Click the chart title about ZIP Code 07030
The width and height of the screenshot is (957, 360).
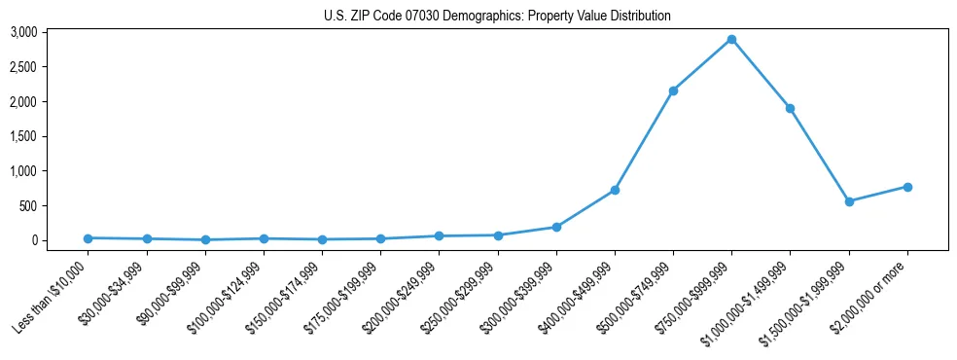point(497,16)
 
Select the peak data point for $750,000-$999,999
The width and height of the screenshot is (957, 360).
point(731,39)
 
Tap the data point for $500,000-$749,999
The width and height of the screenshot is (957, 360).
point(673,90)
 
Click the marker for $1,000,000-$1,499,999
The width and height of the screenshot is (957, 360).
point(791,108)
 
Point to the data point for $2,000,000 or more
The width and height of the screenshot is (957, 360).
point(907,187)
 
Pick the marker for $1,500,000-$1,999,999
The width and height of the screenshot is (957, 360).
point(849,201)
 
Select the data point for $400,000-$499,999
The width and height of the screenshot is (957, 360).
point(615,190)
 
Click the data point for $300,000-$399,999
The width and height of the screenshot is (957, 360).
point(556,227)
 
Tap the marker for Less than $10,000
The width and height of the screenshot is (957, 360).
point(88,238)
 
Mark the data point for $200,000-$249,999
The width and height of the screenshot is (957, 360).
point(439,235)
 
